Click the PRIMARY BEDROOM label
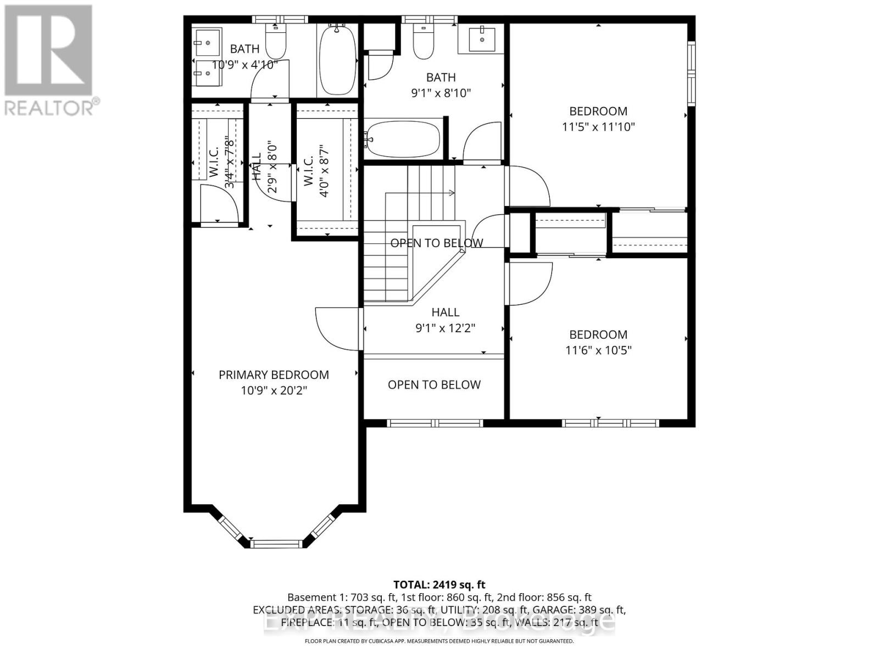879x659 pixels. (274, 375)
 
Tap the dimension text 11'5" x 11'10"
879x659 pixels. (598, 127)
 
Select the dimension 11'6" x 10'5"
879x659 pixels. (598, 350)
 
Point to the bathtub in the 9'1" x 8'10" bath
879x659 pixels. (404, 139)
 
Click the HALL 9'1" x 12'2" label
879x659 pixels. (445, 320)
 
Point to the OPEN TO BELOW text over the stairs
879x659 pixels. (437, 243)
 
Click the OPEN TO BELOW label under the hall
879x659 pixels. (434, 385)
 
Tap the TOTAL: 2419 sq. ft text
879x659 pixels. (439, 585)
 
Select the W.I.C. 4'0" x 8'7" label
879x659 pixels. (315, 170)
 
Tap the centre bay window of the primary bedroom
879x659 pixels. (277, 544)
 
